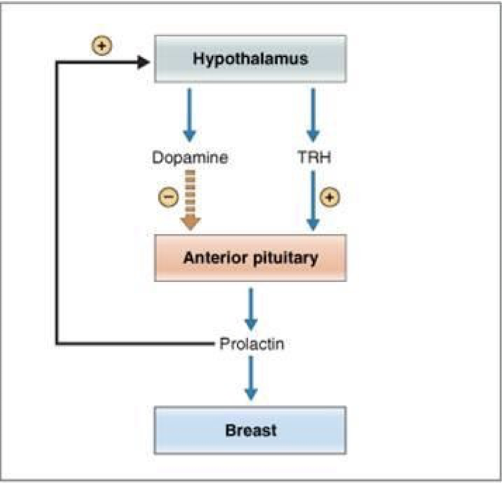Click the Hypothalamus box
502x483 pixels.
pos(250,59)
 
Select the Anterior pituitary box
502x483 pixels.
pos(250,258)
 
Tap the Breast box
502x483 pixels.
pos(250,430)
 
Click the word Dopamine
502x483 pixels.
pos(190,157)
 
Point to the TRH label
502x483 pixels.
pos(314,157)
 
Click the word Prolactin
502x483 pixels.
pos(252,344)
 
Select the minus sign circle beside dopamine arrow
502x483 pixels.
pos(169,197)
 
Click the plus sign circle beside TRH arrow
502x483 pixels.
pos(330,197)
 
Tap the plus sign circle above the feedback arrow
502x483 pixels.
pos(102,45)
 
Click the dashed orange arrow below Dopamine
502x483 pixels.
pos(190,200)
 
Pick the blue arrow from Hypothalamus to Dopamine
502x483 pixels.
pos(190,115)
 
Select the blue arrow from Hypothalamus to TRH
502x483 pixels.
pos(313,115)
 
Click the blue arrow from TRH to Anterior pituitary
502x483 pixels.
pos(313,200)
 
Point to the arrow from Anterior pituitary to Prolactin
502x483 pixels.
pos(251,309)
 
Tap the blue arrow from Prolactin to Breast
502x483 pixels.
pos(251,378)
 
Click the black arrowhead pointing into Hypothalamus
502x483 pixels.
pos(144,62)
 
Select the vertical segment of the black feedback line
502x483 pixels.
pos(57,203)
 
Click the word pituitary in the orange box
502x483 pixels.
pos(286,258)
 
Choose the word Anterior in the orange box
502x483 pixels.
pos(216,257)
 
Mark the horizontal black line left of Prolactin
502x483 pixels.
pos(135,344)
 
